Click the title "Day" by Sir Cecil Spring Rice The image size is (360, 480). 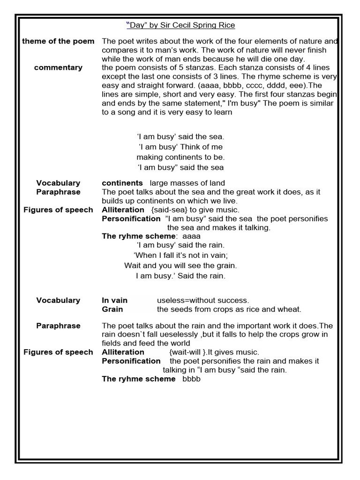pyautogui.click(x=180, y=25)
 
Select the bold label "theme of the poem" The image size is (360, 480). pyautogui.click(x=58, y=41)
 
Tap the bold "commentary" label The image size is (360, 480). pyautogui.click(x=58, y=67)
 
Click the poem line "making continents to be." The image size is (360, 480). pyautogui.click(x=180, y=157)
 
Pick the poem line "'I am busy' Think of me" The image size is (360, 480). pyautogui.click(x=180, y=147)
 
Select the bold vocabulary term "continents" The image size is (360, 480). pyautogui.click(x=122, y=183)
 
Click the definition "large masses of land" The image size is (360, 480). pyautogui.click(x=187, y=183)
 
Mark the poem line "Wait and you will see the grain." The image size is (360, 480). pyautogui.click(x=180, y=265)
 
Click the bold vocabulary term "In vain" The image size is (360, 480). pyautogui.click(x=115, y=300)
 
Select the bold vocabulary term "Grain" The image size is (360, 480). pyautogui.click(x=112, y=309)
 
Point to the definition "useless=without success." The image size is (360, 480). pyautogui.click(x=203, y=300)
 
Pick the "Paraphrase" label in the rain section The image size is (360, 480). pyautogui.click(x=58, y=326)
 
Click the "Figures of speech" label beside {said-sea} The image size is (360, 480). pyautogui.click(x=58, y=210)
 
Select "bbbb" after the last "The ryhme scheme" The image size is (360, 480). pyautogui.click(x=192, y=379)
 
